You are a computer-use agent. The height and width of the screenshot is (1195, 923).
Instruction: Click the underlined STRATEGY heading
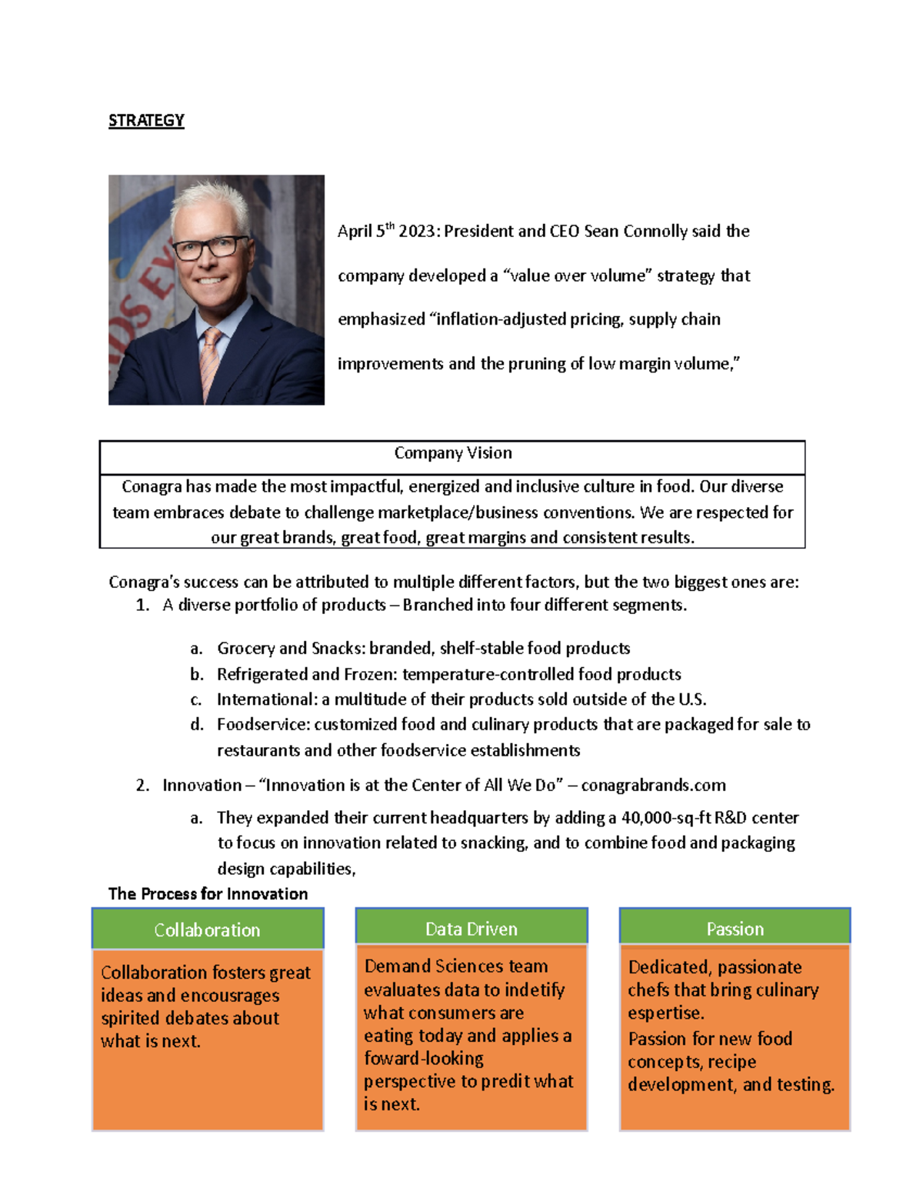click(146, 121)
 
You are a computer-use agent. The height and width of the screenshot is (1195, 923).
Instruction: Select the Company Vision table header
click(452, 453)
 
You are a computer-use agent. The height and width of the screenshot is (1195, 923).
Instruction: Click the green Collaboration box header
click(207, 930)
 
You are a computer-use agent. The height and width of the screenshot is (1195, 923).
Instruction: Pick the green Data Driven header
click(471, 929)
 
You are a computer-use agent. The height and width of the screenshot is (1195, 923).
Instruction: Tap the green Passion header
click(735, 929)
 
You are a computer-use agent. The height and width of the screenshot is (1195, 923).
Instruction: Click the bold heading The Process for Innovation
click(208, 893)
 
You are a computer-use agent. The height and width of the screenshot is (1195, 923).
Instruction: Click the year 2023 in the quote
click(417, 232)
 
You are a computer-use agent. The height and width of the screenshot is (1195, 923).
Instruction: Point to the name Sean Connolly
click(635, 232)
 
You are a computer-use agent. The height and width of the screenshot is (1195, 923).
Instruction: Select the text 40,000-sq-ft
click(666, 817)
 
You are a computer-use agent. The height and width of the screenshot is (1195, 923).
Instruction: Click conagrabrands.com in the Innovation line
click(653, 785)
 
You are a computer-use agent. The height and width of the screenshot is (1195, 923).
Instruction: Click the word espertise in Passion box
click(665, 1013)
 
